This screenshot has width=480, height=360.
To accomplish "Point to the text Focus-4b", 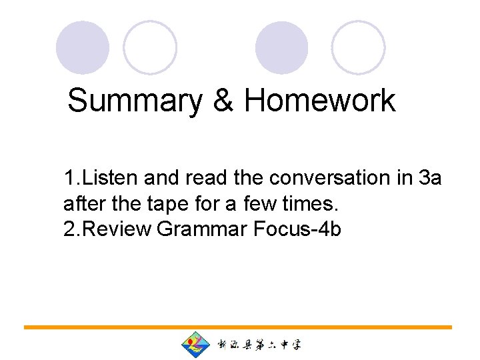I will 298,229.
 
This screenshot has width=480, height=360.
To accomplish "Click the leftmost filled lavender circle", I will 82,48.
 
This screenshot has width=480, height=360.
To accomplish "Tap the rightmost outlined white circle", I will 359,48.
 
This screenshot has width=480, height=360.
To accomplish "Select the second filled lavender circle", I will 282,48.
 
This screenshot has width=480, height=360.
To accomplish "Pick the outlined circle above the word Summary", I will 151,48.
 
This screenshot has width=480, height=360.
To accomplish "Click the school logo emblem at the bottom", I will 195,345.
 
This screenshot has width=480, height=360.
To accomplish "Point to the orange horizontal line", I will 238,327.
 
